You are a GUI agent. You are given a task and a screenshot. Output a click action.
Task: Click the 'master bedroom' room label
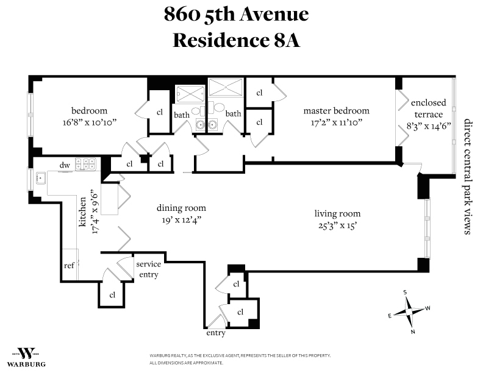[x=337, y=110]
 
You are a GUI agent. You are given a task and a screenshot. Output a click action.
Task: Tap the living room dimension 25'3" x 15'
[x=337, y=226]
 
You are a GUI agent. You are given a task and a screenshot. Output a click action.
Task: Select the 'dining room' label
[x=181, y=208]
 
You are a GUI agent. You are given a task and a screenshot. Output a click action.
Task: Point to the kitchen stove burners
[x=85, y=163]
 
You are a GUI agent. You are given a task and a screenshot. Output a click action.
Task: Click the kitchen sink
[x=41, y=178]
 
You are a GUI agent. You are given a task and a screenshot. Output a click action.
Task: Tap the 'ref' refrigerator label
[x=69, y=265]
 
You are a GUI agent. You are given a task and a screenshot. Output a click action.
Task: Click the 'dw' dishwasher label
[x=65, y=165]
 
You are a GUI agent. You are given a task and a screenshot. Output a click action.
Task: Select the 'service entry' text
[x=148, y=269]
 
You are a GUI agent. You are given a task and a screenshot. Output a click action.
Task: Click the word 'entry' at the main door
[x=216, y=333]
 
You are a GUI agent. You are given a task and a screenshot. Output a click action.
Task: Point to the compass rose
[x=409, y=311]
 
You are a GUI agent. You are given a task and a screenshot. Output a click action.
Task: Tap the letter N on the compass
[x=413, y=332]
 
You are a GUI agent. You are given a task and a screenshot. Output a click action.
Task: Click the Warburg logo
[x=26, y=357]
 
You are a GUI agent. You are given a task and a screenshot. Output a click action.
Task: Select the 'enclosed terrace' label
[x=429, y=108]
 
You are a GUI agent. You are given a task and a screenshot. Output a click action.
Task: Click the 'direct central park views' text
[x=468, y=177]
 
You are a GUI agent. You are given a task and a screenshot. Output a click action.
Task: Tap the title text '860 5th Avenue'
[x=236, y=14]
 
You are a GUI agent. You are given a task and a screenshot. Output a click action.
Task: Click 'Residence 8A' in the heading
[x=236, y=40]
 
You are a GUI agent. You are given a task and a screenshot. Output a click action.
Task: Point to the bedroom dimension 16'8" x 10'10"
[x=89, y=123]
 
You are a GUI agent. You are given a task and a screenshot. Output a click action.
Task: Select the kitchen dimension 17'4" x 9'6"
[x=95, y=213]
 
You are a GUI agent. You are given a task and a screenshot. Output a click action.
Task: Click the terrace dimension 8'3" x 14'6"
[x=429, y=126]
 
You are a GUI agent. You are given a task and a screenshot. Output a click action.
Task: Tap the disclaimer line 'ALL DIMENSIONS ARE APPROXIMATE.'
[x=187, y=363]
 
